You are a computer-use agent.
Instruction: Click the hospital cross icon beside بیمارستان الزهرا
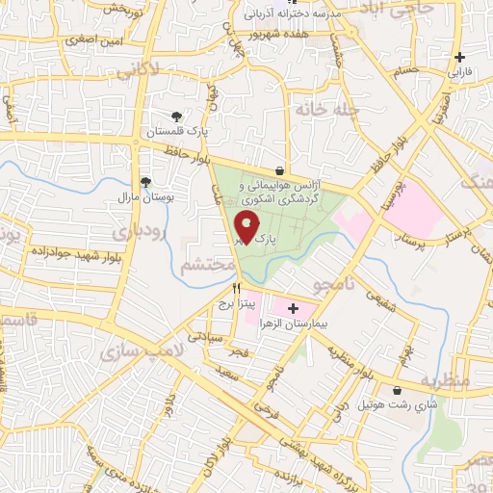click(293, 308)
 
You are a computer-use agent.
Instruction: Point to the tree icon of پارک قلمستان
click(175, 117)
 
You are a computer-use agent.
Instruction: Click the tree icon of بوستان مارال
click(144, 180)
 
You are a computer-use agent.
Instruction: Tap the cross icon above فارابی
click(458, 57)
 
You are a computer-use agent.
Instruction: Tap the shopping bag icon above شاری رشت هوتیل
click(397, 390)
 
